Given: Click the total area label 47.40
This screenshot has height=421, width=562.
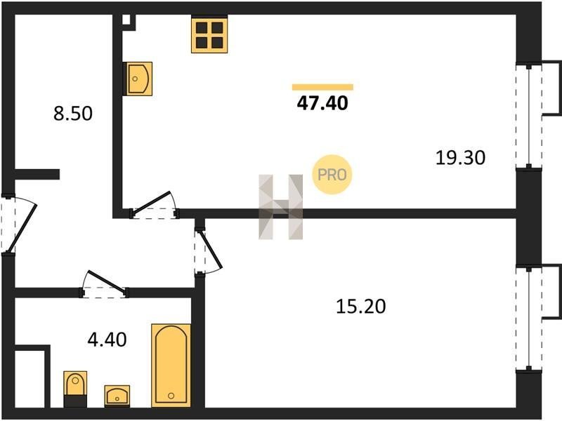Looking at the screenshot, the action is coord(322,103).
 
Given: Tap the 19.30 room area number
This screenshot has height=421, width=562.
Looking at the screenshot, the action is coord(460,158).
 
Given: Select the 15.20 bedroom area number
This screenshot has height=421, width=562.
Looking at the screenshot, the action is coord(360,307).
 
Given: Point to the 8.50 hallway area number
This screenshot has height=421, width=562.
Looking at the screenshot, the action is coord(73,113).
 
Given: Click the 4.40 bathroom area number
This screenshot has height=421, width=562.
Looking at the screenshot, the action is coord(107,340).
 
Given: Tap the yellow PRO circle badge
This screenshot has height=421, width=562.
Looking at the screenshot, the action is coord(332,175).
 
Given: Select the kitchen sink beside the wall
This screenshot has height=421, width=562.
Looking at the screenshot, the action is coord(138,79).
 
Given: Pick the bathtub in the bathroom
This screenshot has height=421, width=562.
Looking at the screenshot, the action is coord(171,366).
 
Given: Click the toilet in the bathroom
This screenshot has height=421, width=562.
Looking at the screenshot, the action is coord(75,389).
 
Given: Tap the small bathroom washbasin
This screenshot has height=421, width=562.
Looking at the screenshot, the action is coord(117,396).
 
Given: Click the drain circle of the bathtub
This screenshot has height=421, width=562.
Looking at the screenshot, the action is coord(171,396).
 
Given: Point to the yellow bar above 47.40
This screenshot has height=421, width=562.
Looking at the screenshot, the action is coord(322,87).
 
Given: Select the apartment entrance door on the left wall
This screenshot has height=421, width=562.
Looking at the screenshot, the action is coord(19,225).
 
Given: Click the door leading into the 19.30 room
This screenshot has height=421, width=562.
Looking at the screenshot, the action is coord(155,205).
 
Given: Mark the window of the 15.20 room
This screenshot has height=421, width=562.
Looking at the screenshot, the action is coord(529,319).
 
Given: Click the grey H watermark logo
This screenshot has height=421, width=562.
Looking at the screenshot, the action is coord(280,207).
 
